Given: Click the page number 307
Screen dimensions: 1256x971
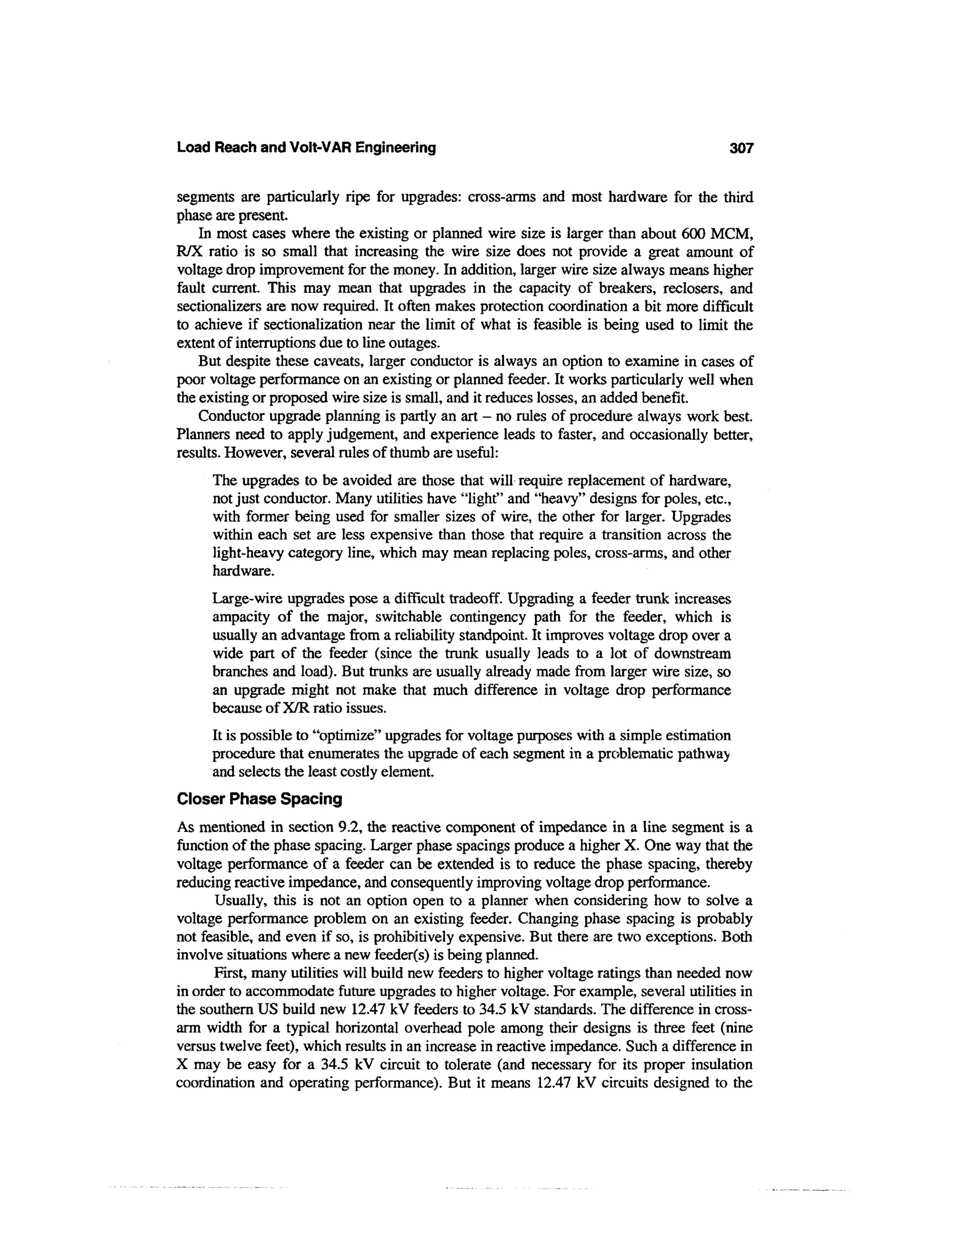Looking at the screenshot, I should [741, 148].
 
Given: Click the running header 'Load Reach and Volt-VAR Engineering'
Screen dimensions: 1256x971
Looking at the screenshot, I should [306, 148].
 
